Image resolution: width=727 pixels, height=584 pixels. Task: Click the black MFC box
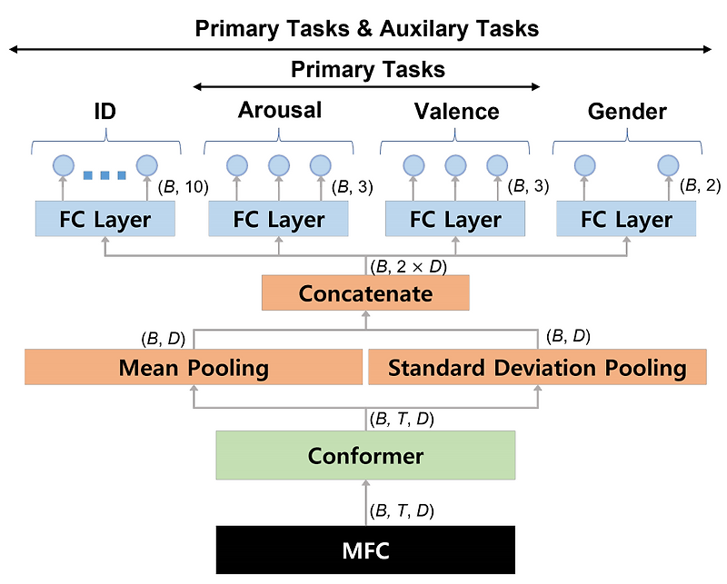pyautogui.click(x=365, y=549)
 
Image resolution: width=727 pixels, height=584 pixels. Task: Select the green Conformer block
pyautogui.click(x=365, y=455)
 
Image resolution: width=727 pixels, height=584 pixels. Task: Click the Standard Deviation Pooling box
pyautogui.click(x=536, y=368)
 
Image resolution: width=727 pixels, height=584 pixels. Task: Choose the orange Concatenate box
pyautogui.click(x=365, y=293)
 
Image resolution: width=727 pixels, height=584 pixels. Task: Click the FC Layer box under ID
pyautogui.click(x=106, y=219)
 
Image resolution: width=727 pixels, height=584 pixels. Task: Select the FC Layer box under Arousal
pyautogui.click(x=279, y=219)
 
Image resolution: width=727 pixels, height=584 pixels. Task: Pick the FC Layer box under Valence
pyautogui.click(x=455, y=219)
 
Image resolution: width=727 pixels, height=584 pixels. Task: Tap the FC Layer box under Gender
pyautogui.click(x=626, y=219)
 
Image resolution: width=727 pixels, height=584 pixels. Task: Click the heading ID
pyautogui.click(x=106, y=112)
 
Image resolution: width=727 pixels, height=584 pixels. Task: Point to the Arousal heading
pyautogui.click(x=280, y=111)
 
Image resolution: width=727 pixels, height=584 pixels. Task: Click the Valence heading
pyautogui.click(x=456, y=112)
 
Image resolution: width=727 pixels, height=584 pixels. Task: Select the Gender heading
pyautogui.click(x=627, y=112)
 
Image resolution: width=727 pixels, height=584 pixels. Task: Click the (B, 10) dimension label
pyautogui.click(x=184, y=187)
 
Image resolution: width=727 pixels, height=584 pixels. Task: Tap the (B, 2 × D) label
pyautogui.click(x=408, y=266)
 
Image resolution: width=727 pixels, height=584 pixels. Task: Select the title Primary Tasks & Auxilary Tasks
pyautogui.click(x=366, y=29)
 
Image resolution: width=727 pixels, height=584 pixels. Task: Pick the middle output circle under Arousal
pyautogui.click(x=279, y=165)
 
